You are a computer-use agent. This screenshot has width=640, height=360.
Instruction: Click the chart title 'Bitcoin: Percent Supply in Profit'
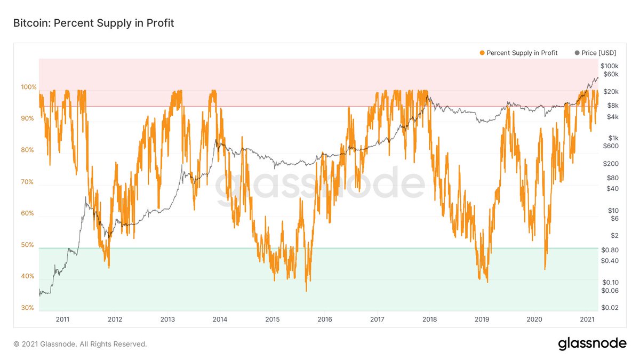click(x=93, y=23)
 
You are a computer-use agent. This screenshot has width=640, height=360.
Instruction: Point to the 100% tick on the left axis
click(x=28, y=87)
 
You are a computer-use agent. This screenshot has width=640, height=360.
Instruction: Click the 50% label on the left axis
click(x=28, y=245)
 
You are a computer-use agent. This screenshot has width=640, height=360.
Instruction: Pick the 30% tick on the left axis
click(x=28, y=308)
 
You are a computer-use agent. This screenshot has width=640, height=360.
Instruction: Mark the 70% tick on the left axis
click(x=28, y=182)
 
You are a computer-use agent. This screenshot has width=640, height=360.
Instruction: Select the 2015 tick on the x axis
click(x=272, y=319)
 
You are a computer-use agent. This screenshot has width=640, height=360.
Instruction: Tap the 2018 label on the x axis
click(x=429, y=319)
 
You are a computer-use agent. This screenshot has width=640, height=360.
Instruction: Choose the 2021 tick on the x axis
click(x=587, y=319)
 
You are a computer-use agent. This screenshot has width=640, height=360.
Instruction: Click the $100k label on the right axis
click(x=609, y=66)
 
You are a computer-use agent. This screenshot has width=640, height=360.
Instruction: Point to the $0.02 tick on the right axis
click(x=609, y=308)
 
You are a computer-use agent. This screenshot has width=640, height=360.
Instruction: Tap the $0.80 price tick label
click(x=609, y=250)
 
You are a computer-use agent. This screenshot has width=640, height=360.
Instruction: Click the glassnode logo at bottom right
click(x=592, y=344)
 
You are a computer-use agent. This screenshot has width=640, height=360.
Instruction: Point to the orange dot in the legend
click(x=482, y=53)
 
